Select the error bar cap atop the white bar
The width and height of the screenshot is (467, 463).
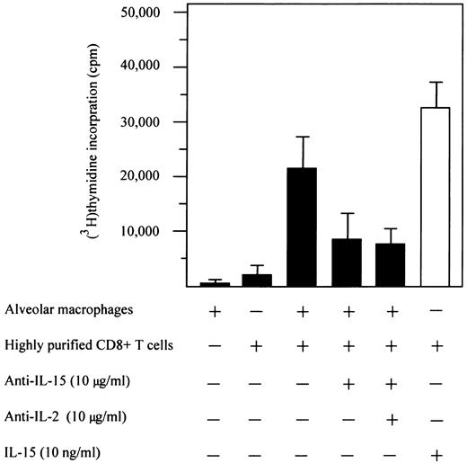click(436, 83)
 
